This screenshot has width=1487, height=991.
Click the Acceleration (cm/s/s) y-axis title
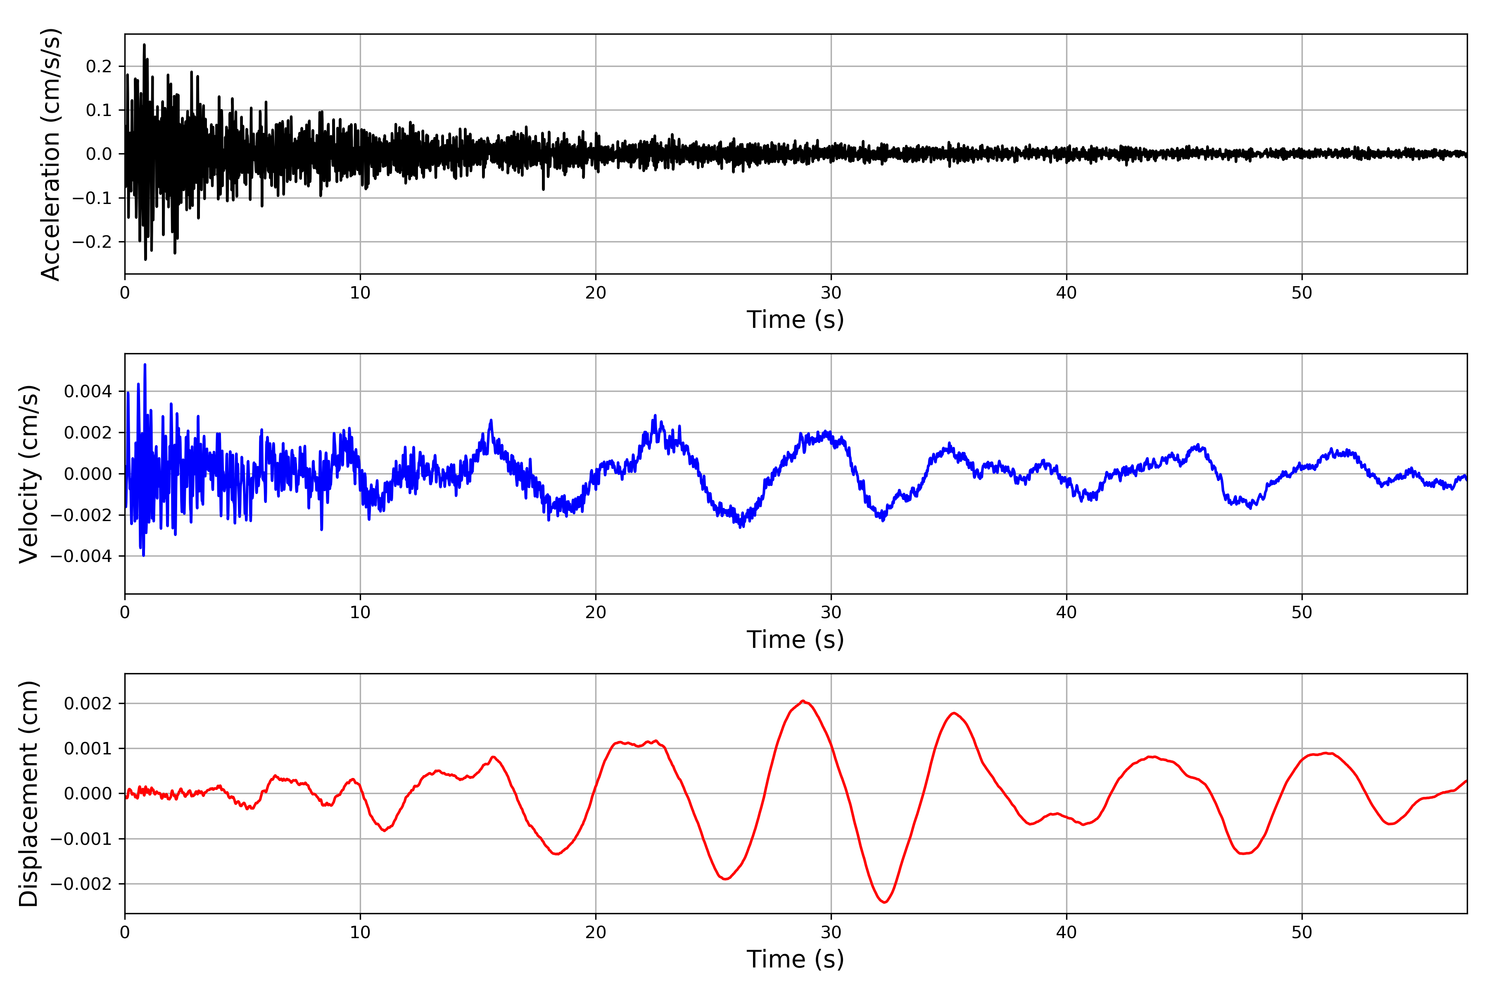coord(50,154)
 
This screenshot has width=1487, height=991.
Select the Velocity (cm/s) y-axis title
coord(29,474)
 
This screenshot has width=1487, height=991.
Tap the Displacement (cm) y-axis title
coord(29,794)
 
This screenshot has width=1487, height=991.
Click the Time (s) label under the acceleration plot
coord(796,320)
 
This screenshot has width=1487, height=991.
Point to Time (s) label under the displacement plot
coord(796,959)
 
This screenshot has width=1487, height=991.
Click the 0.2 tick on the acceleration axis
coord(99,66)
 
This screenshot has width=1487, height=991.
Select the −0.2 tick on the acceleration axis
coord(92,242)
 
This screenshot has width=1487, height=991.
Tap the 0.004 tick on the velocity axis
coord(88,392)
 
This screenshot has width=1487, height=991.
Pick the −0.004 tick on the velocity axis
coord(81,556)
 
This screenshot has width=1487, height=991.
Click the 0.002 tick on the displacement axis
coord(88,704)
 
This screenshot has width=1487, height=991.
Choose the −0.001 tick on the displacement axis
coord(81,839)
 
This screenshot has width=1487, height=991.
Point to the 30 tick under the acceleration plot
coord(831,293)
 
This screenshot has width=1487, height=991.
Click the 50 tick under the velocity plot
coord(1302,612)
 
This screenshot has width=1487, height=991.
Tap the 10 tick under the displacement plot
coord(360,932)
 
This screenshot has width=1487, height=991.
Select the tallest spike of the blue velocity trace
coord(145,365)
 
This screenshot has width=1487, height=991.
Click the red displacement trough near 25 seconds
coord(726,879)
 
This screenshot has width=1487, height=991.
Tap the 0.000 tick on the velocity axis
coord(88,474)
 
